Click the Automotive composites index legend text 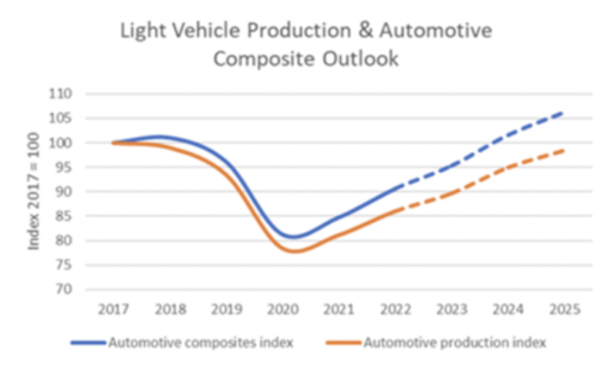[x=200, y=343]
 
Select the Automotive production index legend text [x=455, y=343]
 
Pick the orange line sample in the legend [x=343, y=343]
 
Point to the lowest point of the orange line [x=296, y=251]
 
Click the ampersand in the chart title [x=362, y=31]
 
